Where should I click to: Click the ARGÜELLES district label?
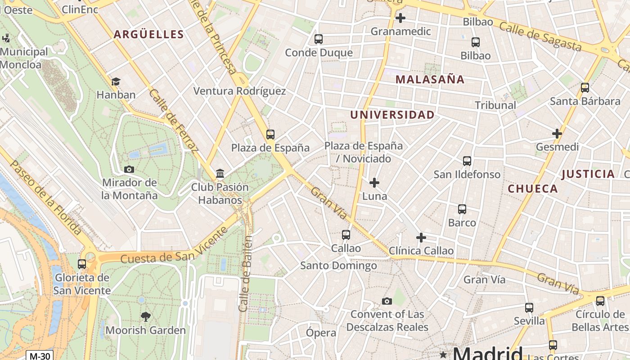coord(148,35)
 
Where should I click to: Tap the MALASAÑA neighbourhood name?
coord(430,80)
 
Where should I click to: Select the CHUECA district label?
coord(533,189)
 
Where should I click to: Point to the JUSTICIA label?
coord(588,174)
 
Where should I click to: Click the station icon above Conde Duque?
coord(319,39)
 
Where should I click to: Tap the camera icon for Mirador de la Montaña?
coord(129,169)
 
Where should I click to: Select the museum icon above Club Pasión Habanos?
coord(220,173)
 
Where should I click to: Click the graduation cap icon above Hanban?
coord(116,81)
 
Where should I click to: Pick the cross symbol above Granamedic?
coord(400,18)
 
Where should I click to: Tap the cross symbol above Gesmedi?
coord(557,134)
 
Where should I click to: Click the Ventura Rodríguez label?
coord(239,91)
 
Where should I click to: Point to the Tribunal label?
coord(495,105)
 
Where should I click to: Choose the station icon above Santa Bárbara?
coord(585,88)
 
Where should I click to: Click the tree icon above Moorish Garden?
coord(145,317)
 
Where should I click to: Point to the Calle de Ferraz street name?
coord(173,121)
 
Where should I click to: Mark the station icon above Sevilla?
coord(529,308)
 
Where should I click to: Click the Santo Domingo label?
coord(338,265)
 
